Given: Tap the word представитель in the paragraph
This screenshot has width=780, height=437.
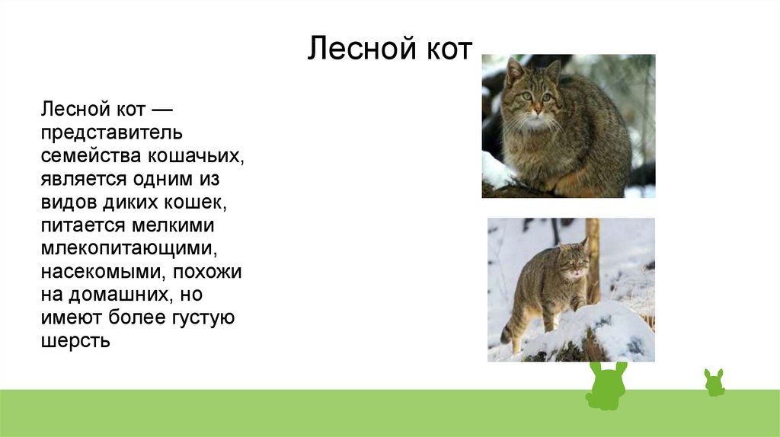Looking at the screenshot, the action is coord(112,133).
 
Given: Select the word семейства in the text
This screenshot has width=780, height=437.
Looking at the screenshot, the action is coord(91,156).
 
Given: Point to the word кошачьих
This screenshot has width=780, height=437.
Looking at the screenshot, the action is coord(196,156).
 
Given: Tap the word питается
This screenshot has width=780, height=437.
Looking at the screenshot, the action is coord(82,225).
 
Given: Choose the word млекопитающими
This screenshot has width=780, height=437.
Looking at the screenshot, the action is coord(129,249).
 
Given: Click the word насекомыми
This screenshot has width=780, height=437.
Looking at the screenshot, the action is coord(104,272).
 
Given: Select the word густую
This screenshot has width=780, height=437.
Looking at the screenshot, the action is coord(203,318).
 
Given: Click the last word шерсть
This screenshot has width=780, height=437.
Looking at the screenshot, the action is coord(75,342).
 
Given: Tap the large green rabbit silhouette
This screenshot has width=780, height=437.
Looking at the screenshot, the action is coord(606,388).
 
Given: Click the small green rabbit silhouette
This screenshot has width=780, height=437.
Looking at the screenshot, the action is coord(714,383).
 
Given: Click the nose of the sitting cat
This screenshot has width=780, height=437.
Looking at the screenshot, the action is coord(537,109).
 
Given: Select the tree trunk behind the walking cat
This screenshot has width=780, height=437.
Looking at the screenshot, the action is coord(593,259).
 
